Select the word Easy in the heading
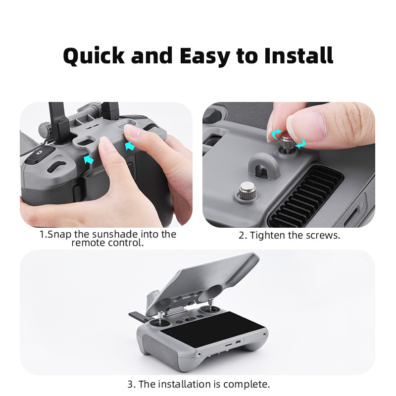205,56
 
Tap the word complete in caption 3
246,384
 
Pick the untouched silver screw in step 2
246,190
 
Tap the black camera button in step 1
37,158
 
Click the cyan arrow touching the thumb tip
130,146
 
